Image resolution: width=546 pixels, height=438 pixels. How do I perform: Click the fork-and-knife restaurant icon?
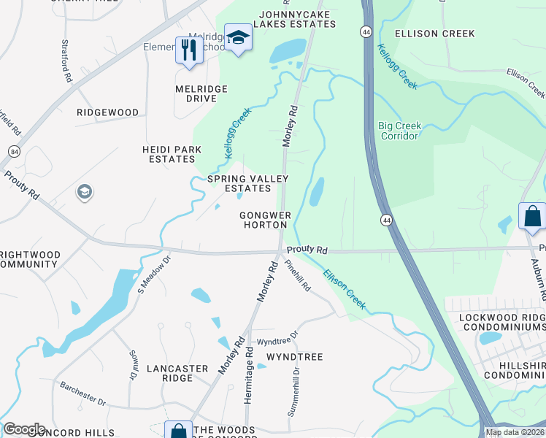tap(189, 51)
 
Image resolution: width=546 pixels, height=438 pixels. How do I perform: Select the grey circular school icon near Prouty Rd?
tap(84, 192)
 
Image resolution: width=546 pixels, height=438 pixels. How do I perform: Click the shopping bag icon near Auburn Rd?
tap(532, 216)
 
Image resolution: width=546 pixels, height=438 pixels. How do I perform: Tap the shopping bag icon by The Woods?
tap(178, 431)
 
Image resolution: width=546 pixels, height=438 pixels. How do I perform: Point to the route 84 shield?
tap(15, 151)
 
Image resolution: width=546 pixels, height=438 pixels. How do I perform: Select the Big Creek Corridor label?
tap(399, 131)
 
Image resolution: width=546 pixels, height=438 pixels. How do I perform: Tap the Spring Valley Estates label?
tap(248, 183)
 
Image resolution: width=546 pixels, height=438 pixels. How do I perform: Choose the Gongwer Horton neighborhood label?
tap(266, 220)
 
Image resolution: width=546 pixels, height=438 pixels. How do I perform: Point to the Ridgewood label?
tap(108, 112)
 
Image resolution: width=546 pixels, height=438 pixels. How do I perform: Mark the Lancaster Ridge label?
tap(177, 374)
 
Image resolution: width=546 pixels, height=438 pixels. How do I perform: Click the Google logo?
tap(24, 429)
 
